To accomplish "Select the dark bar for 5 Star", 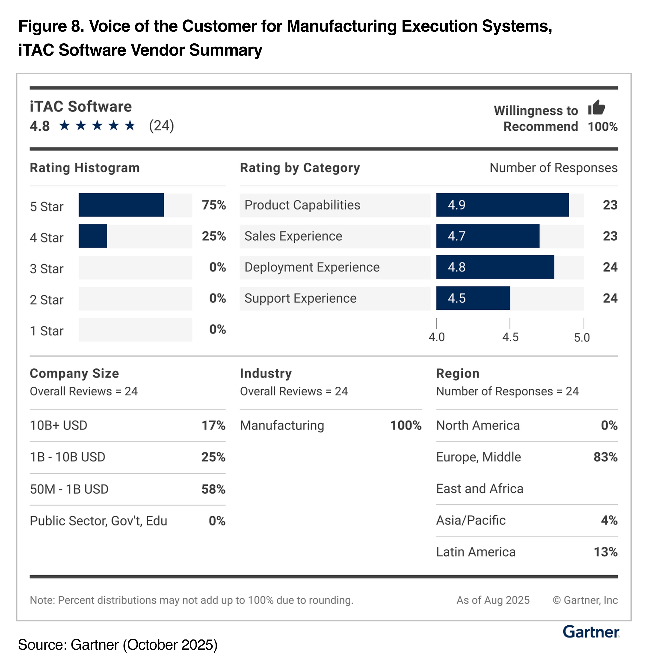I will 121,205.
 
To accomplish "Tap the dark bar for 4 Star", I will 93,236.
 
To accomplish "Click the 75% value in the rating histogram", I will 213,205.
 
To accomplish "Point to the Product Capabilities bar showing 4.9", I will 502,205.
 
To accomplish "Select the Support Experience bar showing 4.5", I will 473,298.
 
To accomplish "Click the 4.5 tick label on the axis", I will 510,337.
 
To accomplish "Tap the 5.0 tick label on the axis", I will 582,337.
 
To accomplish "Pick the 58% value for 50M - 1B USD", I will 213,489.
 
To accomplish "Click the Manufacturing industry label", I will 282,425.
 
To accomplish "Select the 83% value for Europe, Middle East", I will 605,457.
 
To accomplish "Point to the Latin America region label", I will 476,552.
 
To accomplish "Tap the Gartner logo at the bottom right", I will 591,632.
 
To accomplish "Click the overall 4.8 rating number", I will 40,126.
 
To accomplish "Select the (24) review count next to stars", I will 161,125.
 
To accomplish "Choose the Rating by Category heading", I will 300,168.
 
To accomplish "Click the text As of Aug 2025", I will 493,600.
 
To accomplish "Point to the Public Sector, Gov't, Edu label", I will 98,521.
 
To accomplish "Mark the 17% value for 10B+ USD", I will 213,425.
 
